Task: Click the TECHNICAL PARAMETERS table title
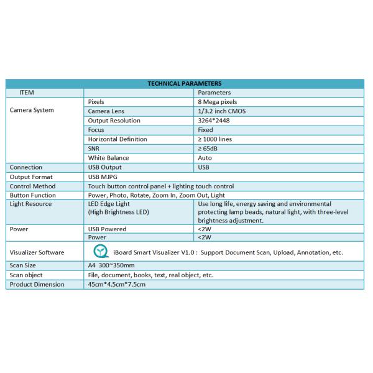click(x=185, y=83)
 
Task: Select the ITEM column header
click(x=26, y=92)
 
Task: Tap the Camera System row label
click(x=32, y=110)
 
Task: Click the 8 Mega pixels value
click(x=217, y=101)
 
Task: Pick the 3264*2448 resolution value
click(x=213, y=120)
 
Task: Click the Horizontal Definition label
click(x=117, y=139)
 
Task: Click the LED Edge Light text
click(x=110, y=203)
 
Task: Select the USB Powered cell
click(x=108, y=229)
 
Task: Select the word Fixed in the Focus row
click(x=206, y=129)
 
